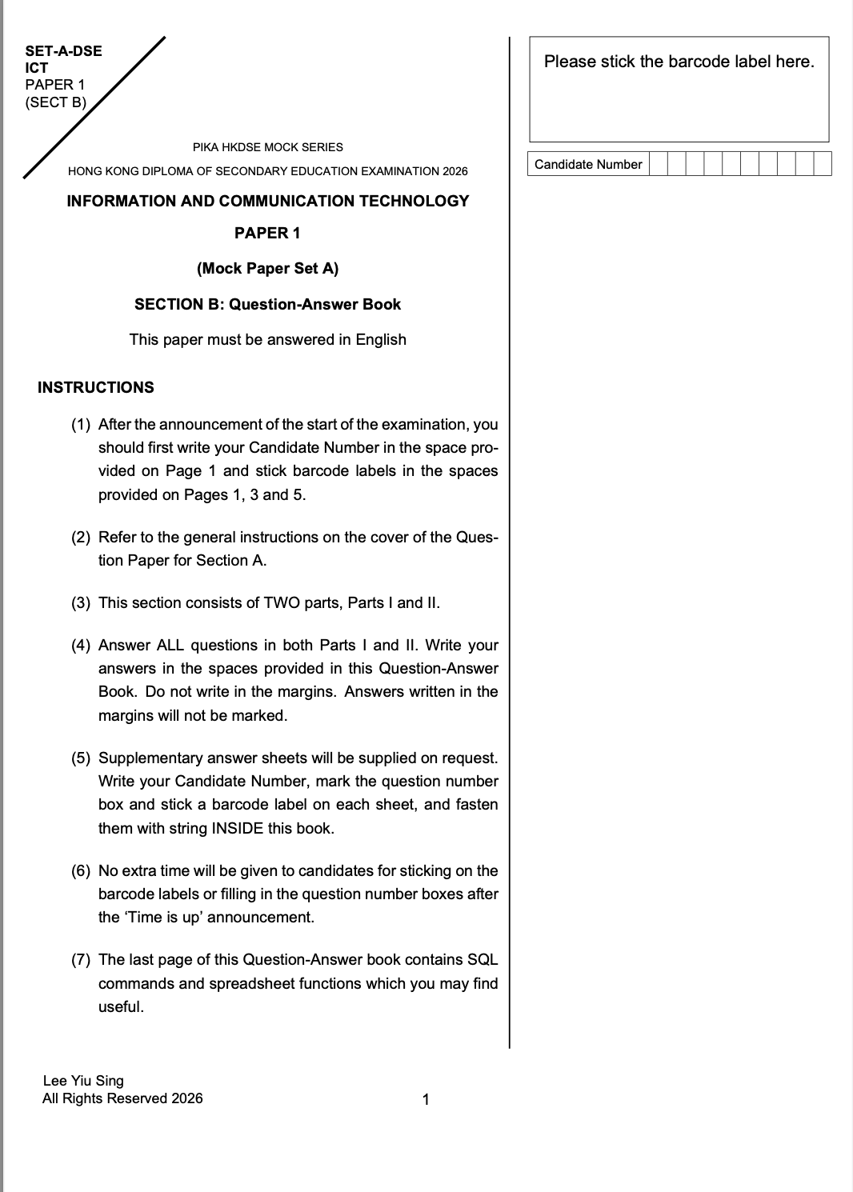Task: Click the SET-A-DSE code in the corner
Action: pyautogui.click(x=63, y=51)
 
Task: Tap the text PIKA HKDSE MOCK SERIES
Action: pyautogui.click(x=267, y=147)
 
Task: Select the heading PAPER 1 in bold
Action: pyautogui.click(x=267, y=233)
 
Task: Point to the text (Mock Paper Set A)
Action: pyautogui.click(x=267, y=269)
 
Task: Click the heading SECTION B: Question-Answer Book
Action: pyautogui.click(x=267, y=304)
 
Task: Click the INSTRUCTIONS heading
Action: pyautogui.click(x=95, y=387)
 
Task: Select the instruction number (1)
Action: pyautogui.click(x=81, y=425)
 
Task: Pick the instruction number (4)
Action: pyautogui.click(x=81, y=646)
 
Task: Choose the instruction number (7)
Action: pyautogui.click(x=81, y=960)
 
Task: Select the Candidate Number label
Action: pyautogui.click(x=588, y=165)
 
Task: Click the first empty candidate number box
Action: pyautogui.click(x=658, y=165)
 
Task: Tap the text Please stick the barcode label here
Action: pyautogui.click(x=679, y=62)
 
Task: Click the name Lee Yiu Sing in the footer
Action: pyautogui.click(x=83, y=1081)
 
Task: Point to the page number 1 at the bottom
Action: pyautogui.click(x=426, y=1099)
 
